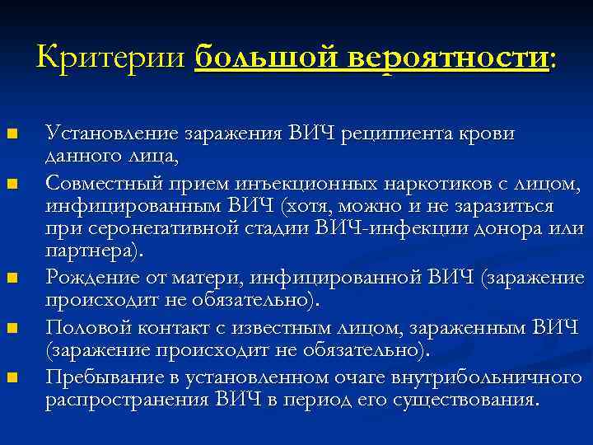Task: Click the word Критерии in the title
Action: click(113, 59)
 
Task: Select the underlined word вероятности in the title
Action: click(446, 59)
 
